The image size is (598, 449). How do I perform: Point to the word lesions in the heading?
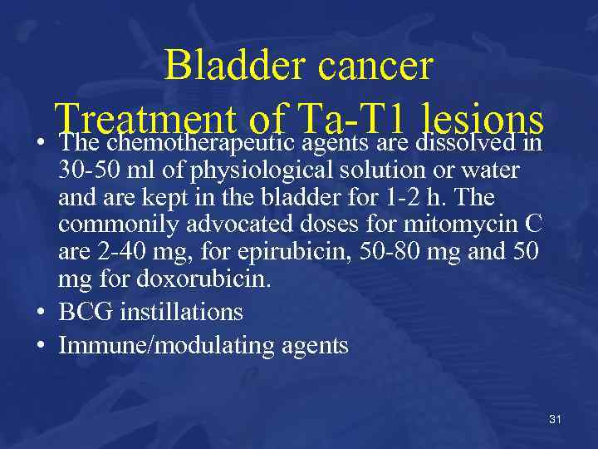pos(482,121)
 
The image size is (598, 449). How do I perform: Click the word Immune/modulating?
pos(159,345)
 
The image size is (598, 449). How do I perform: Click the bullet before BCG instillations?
pos(42,313)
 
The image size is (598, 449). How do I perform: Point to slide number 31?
pos(555,419)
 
